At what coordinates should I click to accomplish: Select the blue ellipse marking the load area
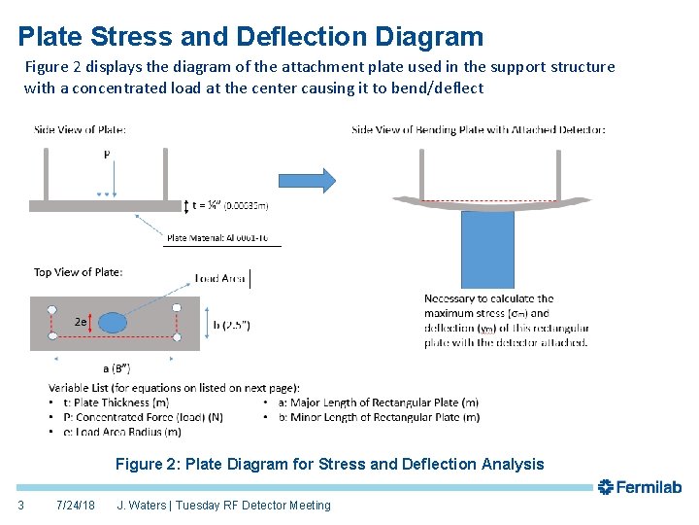pyautogui.click(x=114, y=322)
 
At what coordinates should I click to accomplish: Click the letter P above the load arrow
pyautogui.click(x=106, y=154)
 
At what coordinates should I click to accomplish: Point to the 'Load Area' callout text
pyautogui.click(x=220, y=279)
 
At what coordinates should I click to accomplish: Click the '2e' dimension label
pyautogui.click(x=83, y=321)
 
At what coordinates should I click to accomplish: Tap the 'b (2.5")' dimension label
pyautogui.click(x=231, y=325)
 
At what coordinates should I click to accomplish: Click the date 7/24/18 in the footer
pyautogui.click(x=76, y=506)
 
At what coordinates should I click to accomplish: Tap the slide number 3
pyautogui.click(x=20, y=506)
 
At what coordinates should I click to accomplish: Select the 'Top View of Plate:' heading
pyautogui.click(x=79, y=272)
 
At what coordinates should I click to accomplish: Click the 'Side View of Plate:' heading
pyautogui.click(x=80, y=129)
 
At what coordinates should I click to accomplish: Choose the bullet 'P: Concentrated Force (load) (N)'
pyautogui.click(x=135, y=417)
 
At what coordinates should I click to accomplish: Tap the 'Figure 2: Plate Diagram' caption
pyautogui.click(x=330, y=464)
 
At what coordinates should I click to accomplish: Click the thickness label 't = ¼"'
pyautogui.click(x=205, y=205)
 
